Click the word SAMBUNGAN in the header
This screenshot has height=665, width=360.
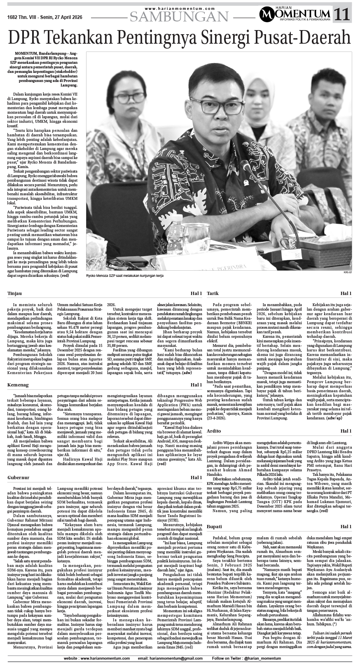click(179, 16)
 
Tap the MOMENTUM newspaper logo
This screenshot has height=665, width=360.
click(295, 14)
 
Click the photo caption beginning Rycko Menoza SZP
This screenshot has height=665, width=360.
click(131, 275)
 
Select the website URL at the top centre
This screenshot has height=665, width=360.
click(180, 8)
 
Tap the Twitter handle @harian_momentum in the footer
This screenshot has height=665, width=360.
click(269, 658)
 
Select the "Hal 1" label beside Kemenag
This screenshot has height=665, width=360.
click(196, 385)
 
